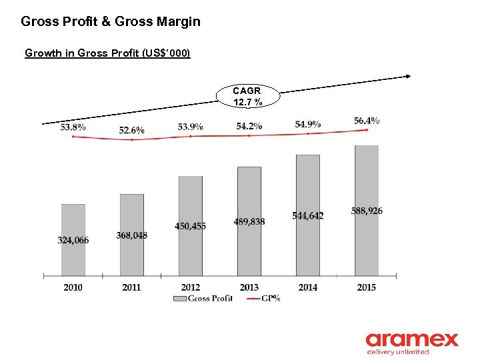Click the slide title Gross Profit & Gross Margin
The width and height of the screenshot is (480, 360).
110,22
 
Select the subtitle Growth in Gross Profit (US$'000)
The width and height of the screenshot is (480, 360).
107,53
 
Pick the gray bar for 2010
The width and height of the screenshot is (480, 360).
73,240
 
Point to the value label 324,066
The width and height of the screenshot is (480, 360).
73,240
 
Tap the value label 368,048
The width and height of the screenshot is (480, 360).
131,235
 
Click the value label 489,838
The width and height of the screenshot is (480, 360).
249,221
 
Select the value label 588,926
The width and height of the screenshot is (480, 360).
367,211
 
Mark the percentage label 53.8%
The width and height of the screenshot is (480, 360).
73,127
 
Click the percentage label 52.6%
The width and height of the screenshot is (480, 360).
131,130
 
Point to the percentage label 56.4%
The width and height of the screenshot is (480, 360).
367,121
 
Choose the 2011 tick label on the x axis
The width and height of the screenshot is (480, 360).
131,287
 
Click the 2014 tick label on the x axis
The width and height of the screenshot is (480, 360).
307,287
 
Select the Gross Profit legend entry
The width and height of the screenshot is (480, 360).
203,299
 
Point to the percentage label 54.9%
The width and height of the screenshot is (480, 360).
307,124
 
